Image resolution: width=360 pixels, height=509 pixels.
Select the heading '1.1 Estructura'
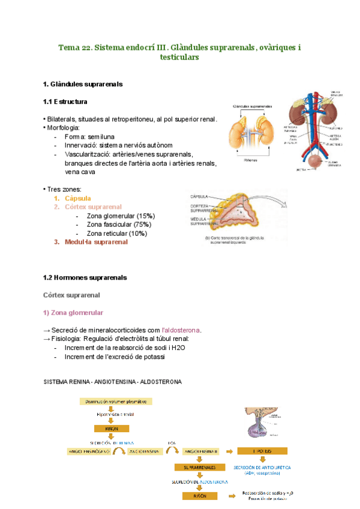coord(65,101)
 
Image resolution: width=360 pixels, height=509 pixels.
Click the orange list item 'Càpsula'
coord(77,198)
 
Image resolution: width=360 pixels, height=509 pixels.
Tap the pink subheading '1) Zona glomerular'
coord(73,313)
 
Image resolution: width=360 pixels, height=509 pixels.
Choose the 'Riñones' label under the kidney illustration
coord(252,160)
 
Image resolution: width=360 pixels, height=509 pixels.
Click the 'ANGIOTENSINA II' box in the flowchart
coord(202,450)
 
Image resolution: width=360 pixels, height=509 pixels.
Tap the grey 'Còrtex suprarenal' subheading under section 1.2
coord(72,295)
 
